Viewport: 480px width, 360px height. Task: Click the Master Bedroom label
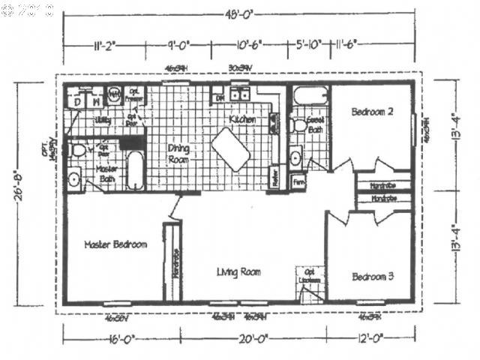tap(115, 244)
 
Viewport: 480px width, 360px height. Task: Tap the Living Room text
tap(238, 271)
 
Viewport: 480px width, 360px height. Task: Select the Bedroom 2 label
tap(373, 112)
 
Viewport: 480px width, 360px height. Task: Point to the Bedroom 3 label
tap(373, 277)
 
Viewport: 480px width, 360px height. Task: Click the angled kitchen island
tap(230, 148)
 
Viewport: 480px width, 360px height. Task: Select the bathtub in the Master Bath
tap(136, 171)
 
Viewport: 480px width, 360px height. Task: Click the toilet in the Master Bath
tap(78, 150)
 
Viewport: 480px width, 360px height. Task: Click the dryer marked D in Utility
tap(77, 99)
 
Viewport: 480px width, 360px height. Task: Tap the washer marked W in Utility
tap(96, 99)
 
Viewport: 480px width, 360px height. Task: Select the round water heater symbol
tap(115, 95)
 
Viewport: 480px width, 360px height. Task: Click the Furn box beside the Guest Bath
tap(298, 181)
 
